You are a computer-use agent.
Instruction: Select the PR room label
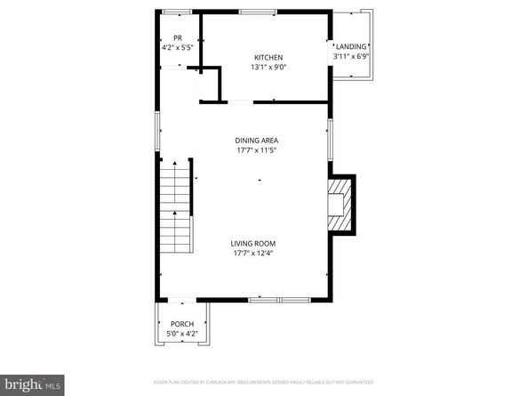(178, 37)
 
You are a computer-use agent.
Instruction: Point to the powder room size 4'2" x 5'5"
(178, 46)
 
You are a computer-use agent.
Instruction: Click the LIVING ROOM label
(253, 243)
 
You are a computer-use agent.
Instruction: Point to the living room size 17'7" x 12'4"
(253, 253)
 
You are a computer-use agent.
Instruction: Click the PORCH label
(181, 324)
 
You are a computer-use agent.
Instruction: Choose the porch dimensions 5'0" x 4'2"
(181, 334)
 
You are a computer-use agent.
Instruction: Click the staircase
(175, 214)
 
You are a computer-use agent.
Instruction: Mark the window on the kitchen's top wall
(256, 12)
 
